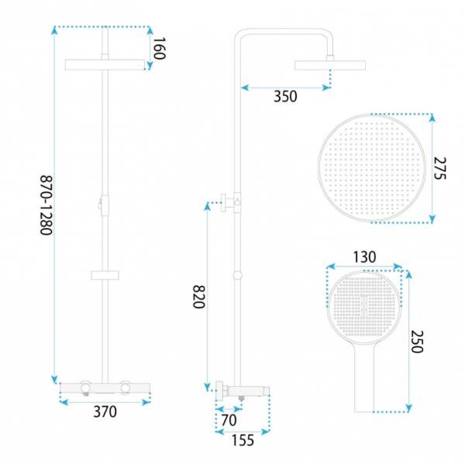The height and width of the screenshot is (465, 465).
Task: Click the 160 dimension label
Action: [x=159, y=48]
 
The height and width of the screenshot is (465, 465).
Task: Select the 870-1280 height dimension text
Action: [x=46, y=205]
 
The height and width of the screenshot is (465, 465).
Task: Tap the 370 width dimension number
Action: [x=105, y=412]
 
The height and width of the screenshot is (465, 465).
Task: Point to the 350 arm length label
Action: [x=285, y=97]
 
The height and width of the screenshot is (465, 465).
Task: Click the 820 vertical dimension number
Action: [x=198, y=297]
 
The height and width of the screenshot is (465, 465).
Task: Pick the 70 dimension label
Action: [x=229, y=420]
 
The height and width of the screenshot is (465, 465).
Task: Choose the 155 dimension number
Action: [x=243, y=440]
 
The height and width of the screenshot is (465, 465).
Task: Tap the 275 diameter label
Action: [x=439, y=168]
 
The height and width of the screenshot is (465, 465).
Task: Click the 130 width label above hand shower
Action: [x=364, y=257]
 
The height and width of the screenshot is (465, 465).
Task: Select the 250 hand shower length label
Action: [x=417, y=342]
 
